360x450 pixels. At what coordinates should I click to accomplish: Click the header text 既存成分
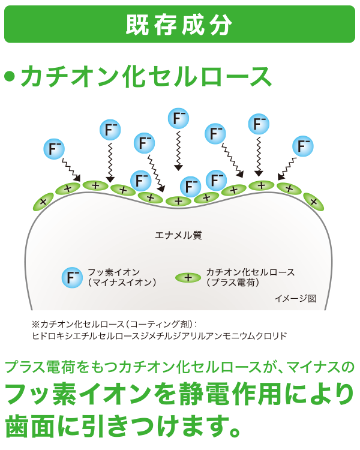(179, 23)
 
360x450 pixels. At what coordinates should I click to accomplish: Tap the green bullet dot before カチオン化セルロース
(8, 77)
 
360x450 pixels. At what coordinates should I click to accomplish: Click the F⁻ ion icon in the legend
(73, 277)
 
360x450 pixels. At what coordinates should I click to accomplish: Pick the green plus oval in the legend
(188, 277)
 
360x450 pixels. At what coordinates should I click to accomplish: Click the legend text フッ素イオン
(114, 271)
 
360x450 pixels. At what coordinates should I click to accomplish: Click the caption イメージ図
(295, 298)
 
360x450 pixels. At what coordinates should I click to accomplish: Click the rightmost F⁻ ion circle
(303, 146)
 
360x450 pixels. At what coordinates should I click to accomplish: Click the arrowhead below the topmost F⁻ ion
(178, 166)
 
